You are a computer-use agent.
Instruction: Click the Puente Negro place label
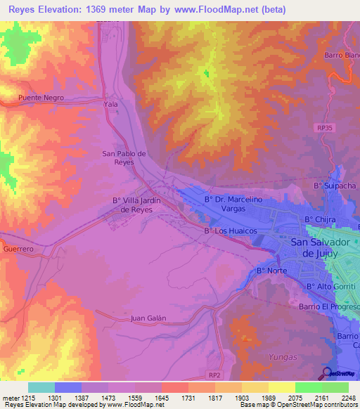coord(41,98)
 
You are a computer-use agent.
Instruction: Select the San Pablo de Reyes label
coord(124,157)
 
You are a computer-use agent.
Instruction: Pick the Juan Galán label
coord(148,318)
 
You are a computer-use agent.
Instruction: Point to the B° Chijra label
coord(319,220)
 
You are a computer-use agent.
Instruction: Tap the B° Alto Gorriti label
coord(329,287)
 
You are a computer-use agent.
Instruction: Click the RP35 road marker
coord(322,127)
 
